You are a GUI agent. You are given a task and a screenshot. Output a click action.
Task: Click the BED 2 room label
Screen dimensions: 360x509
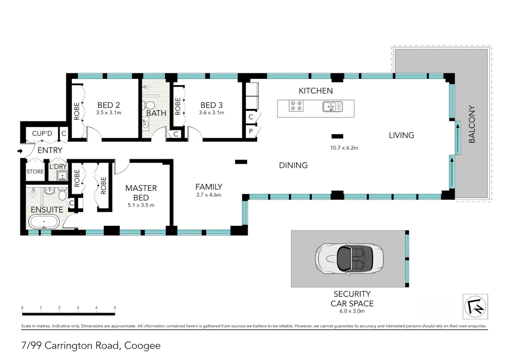click(109, 105)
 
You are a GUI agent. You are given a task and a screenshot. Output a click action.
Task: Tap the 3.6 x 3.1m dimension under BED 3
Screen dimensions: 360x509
click(212, 113)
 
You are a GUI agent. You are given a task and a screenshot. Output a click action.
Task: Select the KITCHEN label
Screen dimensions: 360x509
click(315, 91)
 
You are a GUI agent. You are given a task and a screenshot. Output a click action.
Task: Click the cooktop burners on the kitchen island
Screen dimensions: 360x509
click(296, 106)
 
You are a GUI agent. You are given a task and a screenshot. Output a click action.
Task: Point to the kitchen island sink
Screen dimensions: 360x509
click(332, 107)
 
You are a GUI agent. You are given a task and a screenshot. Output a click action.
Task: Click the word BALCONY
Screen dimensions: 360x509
click(472, 124)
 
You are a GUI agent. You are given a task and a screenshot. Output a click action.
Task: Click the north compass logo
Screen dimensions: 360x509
click(475, 307)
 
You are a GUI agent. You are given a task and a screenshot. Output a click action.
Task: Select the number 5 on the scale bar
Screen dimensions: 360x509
click(115, 308)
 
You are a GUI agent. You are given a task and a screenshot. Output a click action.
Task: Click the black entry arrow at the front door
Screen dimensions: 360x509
click(20, 151)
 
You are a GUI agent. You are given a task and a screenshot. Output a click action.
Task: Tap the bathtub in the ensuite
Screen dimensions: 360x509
click(44, 222)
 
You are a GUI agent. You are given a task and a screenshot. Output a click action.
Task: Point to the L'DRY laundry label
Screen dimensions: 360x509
click(58, 166)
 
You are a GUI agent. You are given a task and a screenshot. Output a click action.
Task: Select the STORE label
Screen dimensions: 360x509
click(35, 172)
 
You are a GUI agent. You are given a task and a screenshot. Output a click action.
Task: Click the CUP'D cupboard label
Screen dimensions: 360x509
click(42, 133)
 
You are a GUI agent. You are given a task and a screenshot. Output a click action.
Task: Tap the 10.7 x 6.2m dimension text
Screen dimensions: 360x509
click(344, 148)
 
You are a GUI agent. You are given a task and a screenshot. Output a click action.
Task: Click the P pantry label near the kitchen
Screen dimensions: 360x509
click(251, 131)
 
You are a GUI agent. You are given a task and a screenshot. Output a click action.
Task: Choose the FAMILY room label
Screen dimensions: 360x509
click(209, 187)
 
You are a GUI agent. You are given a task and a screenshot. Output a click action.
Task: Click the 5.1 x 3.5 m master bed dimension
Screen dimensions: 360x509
click(141, 205)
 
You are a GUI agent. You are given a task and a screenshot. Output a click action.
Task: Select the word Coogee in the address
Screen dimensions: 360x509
click(142, 346)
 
